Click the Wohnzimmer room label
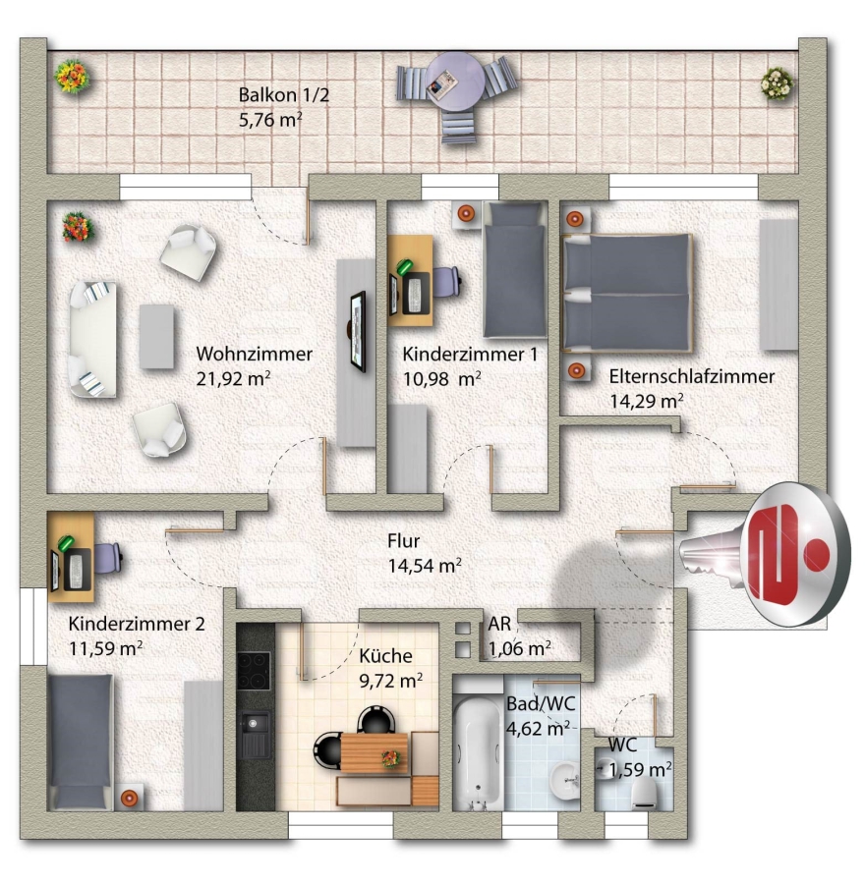254,354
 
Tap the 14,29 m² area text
647,401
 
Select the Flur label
403,540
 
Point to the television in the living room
358,332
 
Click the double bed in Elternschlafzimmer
628,293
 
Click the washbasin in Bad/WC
565,782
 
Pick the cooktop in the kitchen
254,670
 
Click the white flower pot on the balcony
777,84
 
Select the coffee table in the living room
156,337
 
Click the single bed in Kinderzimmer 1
515,270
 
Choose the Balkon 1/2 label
283,94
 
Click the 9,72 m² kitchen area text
391,681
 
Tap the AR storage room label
499,624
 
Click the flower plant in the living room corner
78,227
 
